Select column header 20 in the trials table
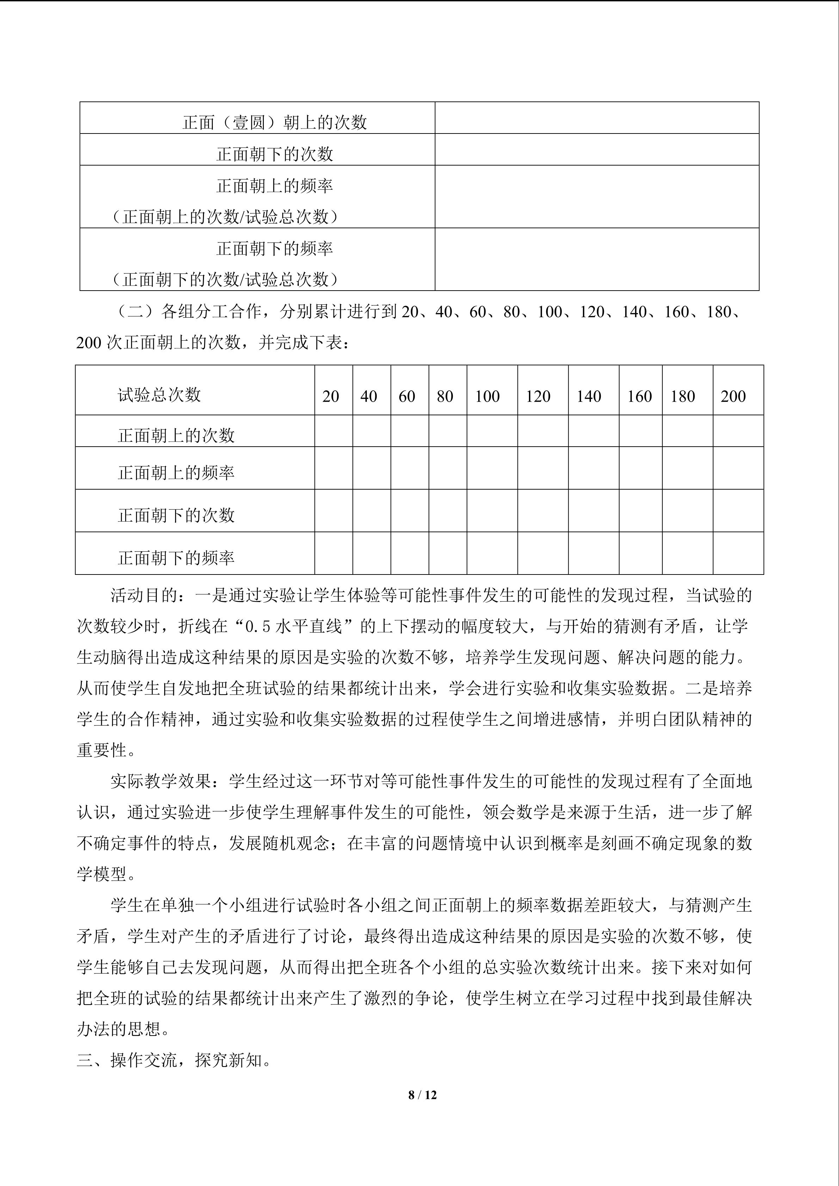pos(331,396)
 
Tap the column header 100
pos(487,396)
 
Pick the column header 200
pos(733,396)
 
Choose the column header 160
pos(639,396)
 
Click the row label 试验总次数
pos(159,395)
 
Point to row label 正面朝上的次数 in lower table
pos(176,435)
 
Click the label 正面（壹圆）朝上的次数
pos(275,123)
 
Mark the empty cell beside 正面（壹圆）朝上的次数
pos(597,118)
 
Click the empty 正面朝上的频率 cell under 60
pos(410,468)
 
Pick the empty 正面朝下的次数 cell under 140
pos(594,510)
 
